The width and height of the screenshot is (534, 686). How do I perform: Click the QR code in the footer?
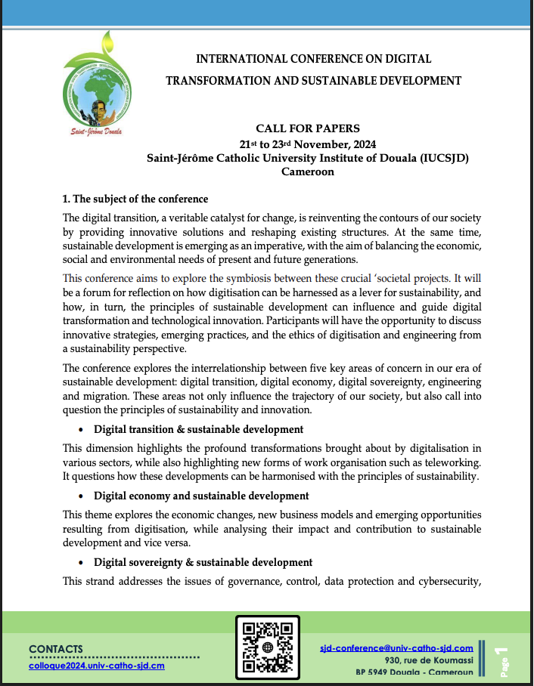pos(268,647)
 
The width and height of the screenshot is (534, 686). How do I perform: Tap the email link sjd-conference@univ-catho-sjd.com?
pos(396,647)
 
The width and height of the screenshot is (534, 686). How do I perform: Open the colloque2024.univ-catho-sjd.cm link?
pos(97,665)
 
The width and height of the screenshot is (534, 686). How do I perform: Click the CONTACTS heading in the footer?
pos(56,648)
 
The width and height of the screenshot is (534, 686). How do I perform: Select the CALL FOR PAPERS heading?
pos(308,128)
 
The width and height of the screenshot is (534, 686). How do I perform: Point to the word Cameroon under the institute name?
pos(308,171)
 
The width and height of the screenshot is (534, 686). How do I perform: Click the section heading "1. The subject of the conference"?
pos(135,199)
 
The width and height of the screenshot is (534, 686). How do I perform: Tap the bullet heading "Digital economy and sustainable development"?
pos(201,496)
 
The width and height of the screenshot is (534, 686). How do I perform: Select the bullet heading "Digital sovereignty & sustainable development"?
pos(203,562)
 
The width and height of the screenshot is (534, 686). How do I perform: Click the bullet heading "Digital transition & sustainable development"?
pos(199,429)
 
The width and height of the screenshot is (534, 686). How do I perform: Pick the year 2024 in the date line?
pos(362,144)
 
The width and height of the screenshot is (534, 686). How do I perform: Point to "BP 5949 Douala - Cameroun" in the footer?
pos(414,672)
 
